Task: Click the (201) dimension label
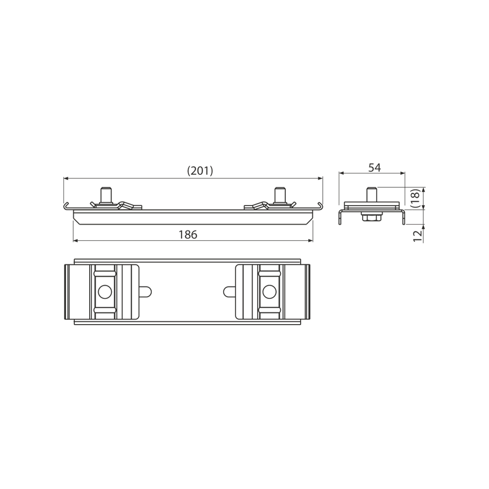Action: tap(200, 171)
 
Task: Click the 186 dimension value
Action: tap(188, 235)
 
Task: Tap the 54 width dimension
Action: tap(374, 168)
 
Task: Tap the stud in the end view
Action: tap(371, 195)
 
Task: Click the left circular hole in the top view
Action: tap(105, 292)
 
